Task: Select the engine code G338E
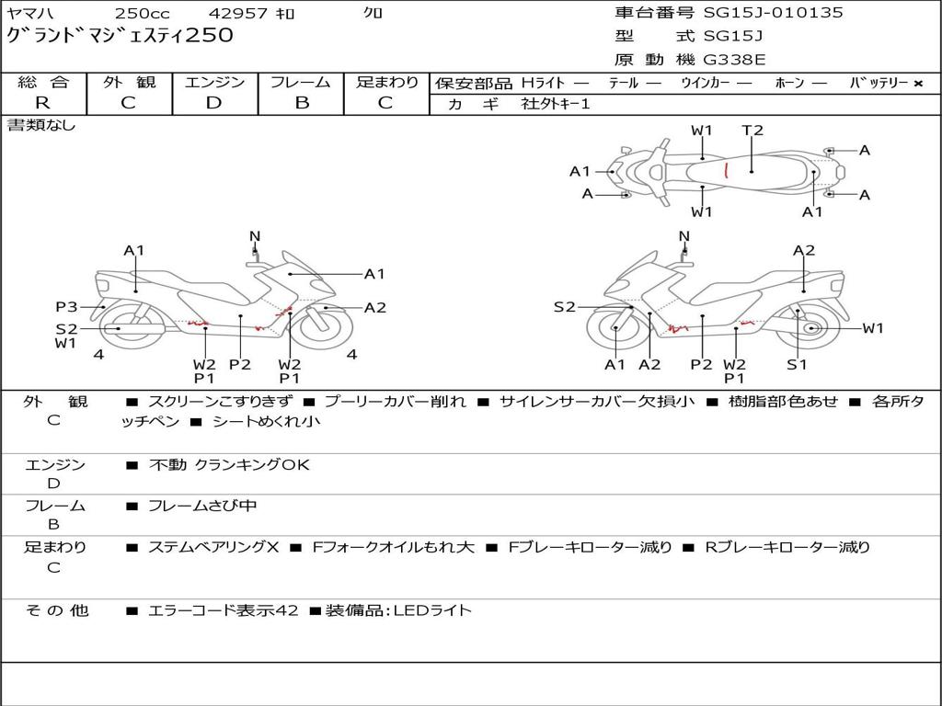coord(734,61)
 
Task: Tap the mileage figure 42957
coord(238,14)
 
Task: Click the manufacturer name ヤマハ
coord(30,14)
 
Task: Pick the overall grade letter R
coord(42,103)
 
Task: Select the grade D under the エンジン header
coord(214,103)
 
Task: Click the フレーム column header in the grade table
coord(301,83)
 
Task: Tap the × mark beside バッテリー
coord(917,84)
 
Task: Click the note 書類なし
coord(41,125)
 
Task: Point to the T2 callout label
coord(752,131)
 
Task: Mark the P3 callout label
coord(66,307)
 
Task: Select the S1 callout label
coord(797,365)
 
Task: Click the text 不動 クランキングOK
coord(229,465)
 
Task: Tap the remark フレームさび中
coord(202,506)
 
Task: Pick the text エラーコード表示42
coord(223,610)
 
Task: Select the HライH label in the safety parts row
coord(543,84)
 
